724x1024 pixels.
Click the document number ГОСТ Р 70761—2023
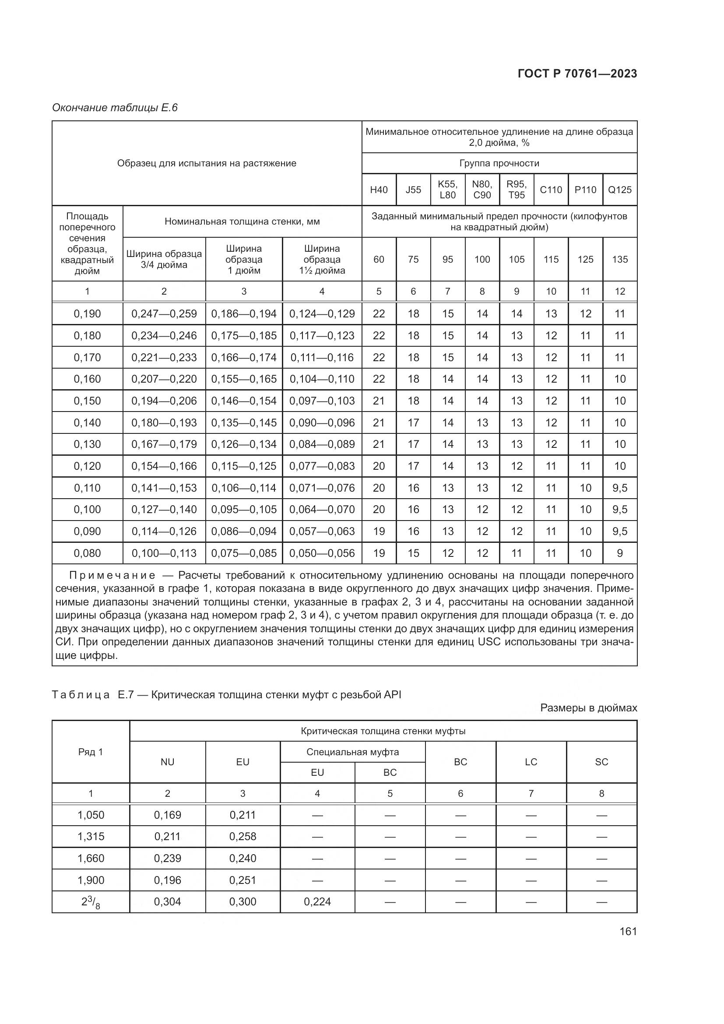click(577, 74)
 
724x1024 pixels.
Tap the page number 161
click(628, 931)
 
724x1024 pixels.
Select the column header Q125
click(620, 190)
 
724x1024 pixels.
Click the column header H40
click(379, 190)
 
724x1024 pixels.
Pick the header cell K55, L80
click(448, 190)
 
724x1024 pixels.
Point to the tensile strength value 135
click(620, 260)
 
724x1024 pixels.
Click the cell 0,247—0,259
click(164, 314)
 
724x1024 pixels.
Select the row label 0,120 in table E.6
click(88, 466)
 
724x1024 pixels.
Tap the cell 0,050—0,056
click(322, 553)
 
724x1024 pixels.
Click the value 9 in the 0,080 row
click(620, 553)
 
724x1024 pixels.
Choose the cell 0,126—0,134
click(244, 444)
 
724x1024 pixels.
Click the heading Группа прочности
click(499, 163)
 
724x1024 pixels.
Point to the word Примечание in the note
click(112, 575)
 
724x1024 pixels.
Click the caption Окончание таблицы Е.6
click(115, 108)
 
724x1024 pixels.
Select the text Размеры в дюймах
click(588, 708)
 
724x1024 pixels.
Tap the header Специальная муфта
click(352, 752)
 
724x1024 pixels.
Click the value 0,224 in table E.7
click(317, 901)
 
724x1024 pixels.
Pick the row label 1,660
click(91, 858)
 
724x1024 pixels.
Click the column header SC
click(601, 762)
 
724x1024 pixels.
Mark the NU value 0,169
click(168, 815)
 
